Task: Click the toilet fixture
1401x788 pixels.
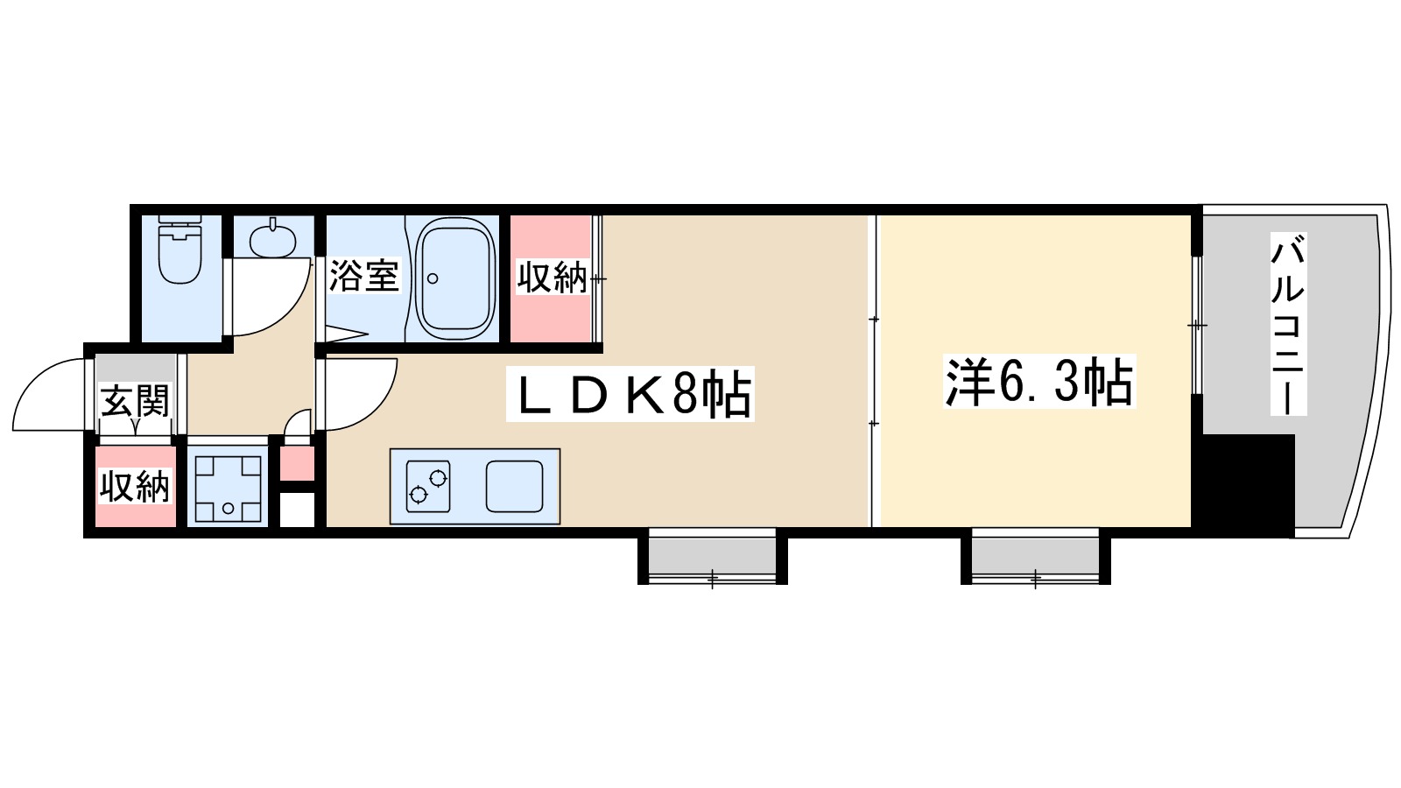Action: (x=180, y=251)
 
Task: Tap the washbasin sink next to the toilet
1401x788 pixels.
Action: (x=272, y=239)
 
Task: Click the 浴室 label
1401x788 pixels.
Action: (x=363, y=277)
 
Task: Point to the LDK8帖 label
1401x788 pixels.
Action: (x=631, y=395)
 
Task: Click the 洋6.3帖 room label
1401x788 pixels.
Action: (x=1038, y=382)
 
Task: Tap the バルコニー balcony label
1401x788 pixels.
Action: (x=1287, y=325)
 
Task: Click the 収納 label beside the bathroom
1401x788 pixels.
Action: (x=552, y=278)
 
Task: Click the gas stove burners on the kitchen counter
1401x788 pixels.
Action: (x=427, y=487)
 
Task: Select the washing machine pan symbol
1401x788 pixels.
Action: (x=228, y=489)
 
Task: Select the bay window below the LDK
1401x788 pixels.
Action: (x=712, y=555)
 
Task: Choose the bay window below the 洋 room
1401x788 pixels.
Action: (x=1035, y=555)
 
